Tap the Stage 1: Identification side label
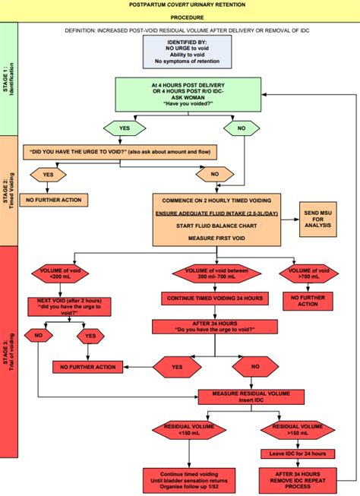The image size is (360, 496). click(x=8, y=80)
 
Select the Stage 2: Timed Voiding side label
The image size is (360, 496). click(x=8, y=190)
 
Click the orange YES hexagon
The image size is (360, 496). click(x=48, y=174)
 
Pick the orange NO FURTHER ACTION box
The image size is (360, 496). click(x=55, y=200)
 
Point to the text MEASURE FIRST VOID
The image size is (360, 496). click(x=216, y=238)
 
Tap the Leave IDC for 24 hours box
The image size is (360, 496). click(x=295, y=454)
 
